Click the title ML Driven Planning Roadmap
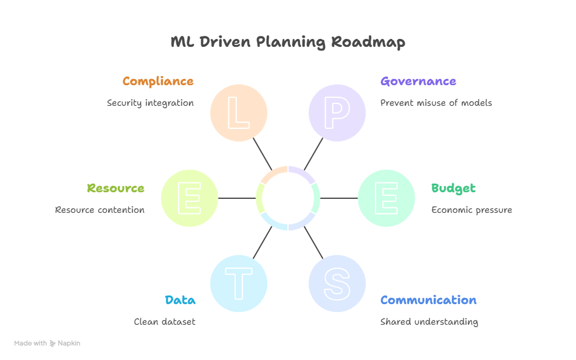coord(287,42)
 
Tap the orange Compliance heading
coord(158,81)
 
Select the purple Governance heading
coord(418,81)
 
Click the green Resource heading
coord(115,188)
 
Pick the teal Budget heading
coord(453,188)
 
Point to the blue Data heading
coord(180,300)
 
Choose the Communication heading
coord(428,300)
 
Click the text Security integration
coord(150,103)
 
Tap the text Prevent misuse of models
coord(436,103)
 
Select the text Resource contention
coord(100,210)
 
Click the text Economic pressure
coord(471,210)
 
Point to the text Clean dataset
coord(165,322)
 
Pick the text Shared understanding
coord(429,322)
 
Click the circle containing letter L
coord(239,112)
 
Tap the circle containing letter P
coord(337,112)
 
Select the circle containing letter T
coord(239,283)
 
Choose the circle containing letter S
coord(337,283)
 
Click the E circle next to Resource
coord(190,198)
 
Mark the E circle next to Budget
coord(386,198)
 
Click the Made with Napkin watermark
coord(47,343)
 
